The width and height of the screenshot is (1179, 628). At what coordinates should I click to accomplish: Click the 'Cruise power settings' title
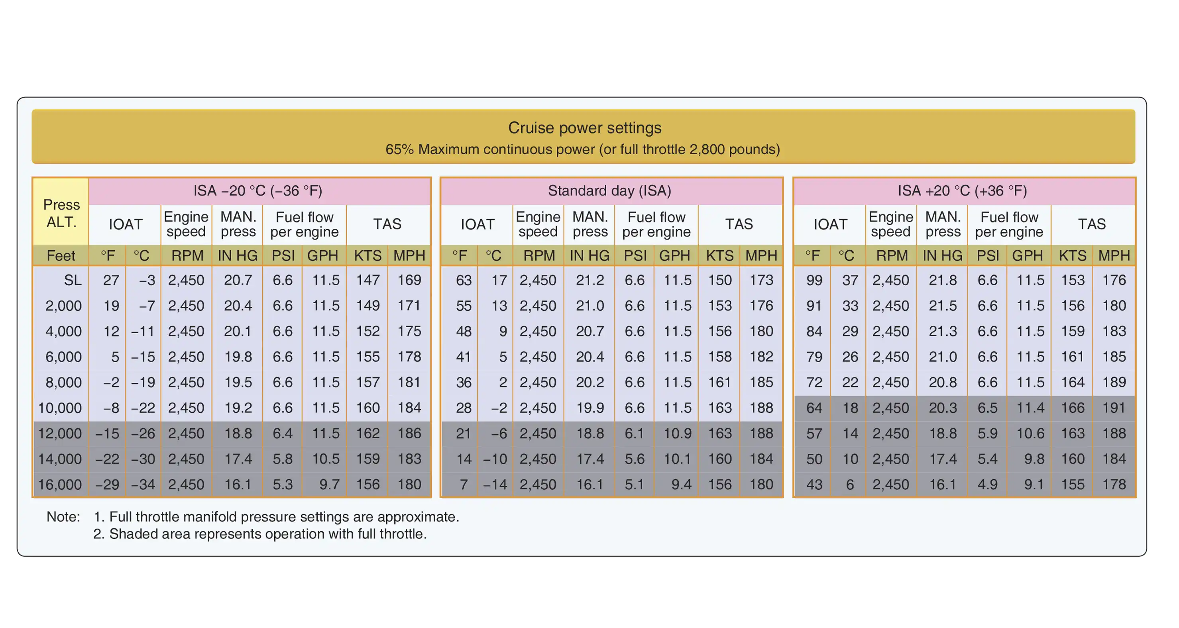pyautogui.click(x=584, y=128)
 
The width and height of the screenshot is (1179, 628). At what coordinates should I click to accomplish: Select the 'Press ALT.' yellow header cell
pyautogui.click(x=61, y=213)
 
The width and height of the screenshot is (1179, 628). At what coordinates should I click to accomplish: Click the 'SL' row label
pyautogui.click(x=72, y=280)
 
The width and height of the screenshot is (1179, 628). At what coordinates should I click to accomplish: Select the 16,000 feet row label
pyautogui.click(x=59, y=484)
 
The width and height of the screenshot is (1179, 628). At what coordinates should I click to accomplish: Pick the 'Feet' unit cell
pyautogui.click(x=61, y=255)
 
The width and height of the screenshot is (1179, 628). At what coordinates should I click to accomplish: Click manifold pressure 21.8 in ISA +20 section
pyautogui.click(x=942, y=280)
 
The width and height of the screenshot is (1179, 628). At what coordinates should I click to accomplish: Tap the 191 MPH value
pyautogui.click(x=1114, y=408)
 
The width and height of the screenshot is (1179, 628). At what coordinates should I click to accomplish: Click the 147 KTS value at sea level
pyautogui.click(x=367, y=280)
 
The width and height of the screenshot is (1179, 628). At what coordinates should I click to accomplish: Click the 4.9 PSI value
pyautogui.click(x=987, y=484)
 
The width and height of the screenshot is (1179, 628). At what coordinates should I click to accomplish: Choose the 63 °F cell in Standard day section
pyautogui.click(x=463, y=280)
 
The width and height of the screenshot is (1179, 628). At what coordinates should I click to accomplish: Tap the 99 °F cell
pyautogui.click(x=814, y=280)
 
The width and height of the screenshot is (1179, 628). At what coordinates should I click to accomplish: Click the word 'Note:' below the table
pyautogui.click(x=63, y=517)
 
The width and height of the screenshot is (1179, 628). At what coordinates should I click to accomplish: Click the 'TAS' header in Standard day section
pyautogui.click(x=739, y=224)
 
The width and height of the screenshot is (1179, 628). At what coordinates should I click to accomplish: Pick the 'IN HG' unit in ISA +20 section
pyautogui.click(x=942, y=255)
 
